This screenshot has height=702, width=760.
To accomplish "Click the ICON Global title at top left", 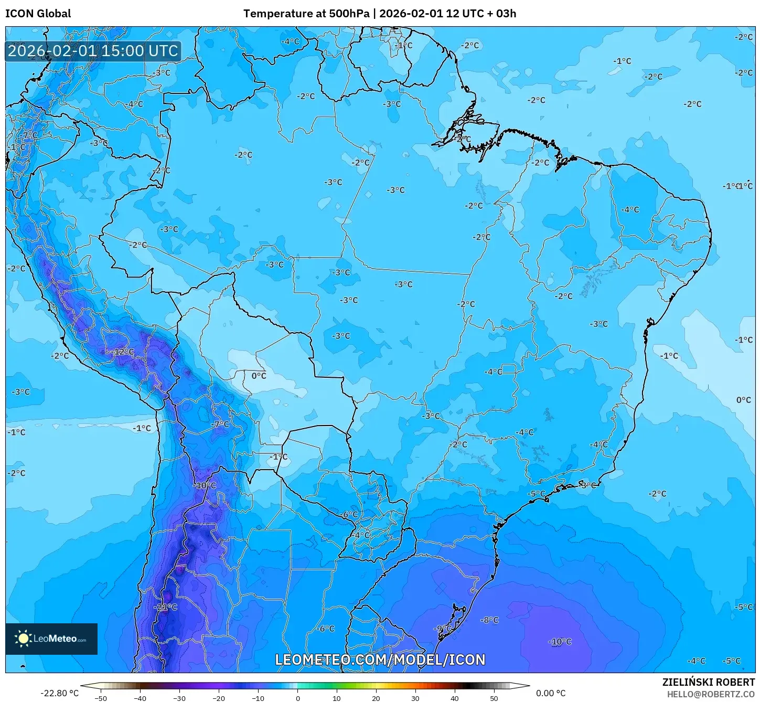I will (x=38, y=14).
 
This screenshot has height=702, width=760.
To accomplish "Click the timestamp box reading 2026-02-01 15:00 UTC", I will (x=93, y=51).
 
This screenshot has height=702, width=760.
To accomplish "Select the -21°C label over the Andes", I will (x=165, y=607).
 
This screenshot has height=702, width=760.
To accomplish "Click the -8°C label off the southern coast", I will (x=489, y=620).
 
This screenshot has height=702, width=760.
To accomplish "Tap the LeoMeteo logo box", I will (x=51, y=639).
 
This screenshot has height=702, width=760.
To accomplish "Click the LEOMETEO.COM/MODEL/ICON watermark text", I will (x=380, y=660).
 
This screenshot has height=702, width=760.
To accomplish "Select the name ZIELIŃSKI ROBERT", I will (x=708, y=682).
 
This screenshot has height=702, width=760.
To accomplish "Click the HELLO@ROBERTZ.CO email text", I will (x=711, y=694).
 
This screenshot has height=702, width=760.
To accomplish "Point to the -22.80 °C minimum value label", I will (x=59, y=693).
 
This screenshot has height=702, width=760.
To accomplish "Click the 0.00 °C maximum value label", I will (x=551, y=693).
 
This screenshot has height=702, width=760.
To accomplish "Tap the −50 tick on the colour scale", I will (x=100, y=698).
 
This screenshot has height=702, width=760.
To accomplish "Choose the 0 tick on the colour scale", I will (x=297, y=698).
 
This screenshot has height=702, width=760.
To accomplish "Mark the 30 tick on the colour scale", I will (x=415, y=698).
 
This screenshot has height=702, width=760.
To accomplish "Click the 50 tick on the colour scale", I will (x=494, y=698).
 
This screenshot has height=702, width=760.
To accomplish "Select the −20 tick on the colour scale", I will (x=218, y=698).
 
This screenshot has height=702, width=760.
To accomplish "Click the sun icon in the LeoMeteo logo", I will (x=23, y=639).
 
